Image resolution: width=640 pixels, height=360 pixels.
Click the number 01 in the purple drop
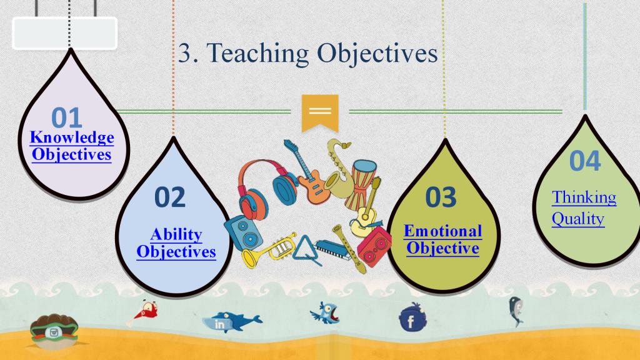(x=66, y=117)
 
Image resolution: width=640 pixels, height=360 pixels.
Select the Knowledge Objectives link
(x=72, y=146)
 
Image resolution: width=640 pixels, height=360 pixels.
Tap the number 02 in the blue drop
(x=170, y=197)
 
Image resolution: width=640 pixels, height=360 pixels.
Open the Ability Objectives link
(x=176, y=243)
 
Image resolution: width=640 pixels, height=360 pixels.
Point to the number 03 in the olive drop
(x=441, y=197)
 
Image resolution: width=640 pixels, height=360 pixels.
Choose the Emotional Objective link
(x=443, y=240)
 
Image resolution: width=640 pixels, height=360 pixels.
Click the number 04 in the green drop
(x=585, y=161)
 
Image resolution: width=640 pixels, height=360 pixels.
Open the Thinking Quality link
(x=584, y=207)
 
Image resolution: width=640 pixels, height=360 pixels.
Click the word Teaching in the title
(x=257, y=54)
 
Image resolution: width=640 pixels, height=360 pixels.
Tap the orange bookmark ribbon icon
(x=320, y=113)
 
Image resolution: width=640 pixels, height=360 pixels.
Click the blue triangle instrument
(x=304, y=249)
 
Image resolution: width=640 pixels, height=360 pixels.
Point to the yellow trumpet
(x=269, y=251)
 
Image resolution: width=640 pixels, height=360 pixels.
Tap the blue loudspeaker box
(x=243, y=232)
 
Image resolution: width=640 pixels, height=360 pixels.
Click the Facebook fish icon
(x=412, y=317)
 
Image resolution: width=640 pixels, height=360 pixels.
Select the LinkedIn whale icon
(x=231, y=321)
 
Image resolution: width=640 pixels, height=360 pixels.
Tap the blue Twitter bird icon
(x=325, y=312)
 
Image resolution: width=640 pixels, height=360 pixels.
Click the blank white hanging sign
(x=65, y=33)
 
